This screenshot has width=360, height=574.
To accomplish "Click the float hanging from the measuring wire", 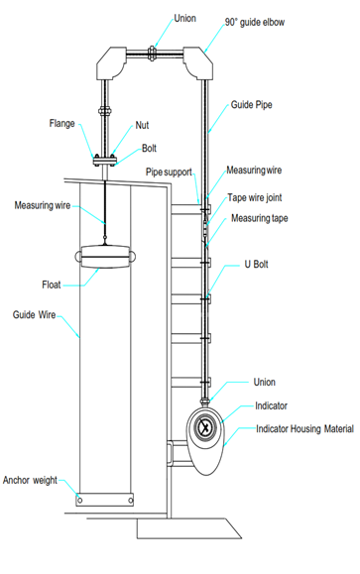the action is [x=105, y=257].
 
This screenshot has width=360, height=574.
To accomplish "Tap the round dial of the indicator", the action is [x=205, y=427].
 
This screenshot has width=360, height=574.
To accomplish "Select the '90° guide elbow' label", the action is [x=255, y=23].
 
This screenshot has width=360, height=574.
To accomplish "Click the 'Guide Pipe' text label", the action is [x=251, y=105].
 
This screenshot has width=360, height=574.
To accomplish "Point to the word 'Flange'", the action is [x=61, y=123].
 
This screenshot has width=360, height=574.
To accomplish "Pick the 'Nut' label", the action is [x=142, y=125].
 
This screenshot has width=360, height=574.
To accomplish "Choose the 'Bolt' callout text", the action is [x=149, y=149].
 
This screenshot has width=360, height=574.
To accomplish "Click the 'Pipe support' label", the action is [x=169, y=172].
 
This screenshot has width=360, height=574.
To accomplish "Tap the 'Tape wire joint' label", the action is [x=255, y=197].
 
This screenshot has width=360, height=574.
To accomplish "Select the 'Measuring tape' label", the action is [x=259, y=218].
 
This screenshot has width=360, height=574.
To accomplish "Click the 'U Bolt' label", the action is [x=256, y=264].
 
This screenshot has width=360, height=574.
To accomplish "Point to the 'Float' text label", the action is [x=52, y=285].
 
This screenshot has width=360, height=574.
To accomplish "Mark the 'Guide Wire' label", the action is [x=34, y=315].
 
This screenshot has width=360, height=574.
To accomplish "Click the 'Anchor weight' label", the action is [x=30, y=480].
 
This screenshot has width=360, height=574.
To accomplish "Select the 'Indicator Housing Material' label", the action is [x=304, y=428].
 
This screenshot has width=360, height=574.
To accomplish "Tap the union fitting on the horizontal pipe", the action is [x=152, y=54].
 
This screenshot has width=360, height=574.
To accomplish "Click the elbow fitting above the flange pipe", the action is [x=111, y=63].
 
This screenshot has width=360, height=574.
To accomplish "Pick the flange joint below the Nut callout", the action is [x=105, y=161].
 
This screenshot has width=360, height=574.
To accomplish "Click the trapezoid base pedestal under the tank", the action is [x=188, y=528].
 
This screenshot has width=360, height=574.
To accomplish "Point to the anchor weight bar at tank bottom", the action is [x=105, y=500].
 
